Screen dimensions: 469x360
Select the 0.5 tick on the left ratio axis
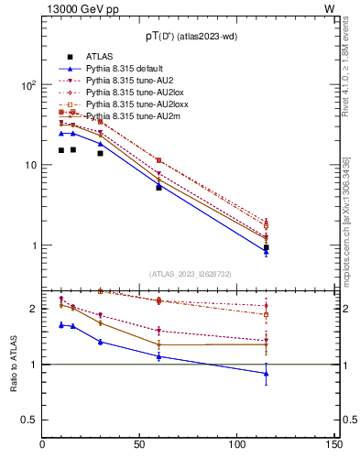(30, 420)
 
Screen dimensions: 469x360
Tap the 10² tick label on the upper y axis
(27, 84)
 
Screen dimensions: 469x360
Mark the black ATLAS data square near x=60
(158, 187)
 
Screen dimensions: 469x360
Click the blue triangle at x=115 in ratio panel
(266, 373)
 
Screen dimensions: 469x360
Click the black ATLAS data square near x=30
(100, 153)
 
